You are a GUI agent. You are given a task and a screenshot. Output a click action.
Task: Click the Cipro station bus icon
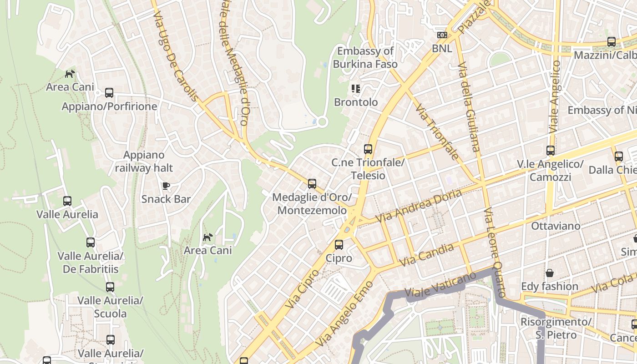point(339,245)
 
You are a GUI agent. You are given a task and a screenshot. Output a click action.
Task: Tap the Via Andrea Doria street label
point(418,206)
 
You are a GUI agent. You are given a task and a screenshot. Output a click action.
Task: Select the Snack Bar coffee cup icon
point(166,186)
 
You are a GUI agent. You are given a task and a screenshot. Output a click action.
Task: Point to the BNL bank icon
point(442,35)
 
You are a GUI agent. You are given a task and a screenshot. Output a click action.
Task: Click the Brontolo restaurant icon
point(355,89)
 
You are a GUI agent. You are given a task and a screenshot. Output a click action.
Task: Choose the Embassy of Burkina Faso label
point(365,57)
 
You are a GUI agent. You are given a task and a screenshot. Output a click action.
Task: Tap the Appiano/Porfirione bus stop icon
point(109,93)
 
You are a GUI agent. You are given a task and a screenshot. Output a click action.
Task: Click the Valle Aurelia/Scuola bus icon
point(110,287)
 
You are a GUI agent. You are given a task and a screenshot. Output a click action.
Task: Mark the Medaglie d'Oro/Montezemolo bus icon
point(312,184)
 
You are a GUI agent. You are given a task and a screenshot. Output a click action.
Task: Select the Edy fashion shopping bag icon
point(550,273)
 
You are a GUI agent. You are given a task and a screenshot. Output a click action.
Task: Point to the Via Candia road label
point(426,255)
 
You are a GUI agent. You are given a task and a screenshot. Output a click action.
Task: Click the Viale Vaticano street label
point(440,286)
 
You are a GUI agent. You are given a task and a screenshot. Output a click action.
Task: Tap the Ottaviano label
point(556,226)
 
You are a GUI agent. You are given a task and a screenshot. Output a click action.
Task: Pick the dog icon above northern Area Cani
point(70,74)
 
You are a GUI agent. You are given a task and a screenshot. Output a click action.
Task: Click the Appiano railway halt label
point(144,162)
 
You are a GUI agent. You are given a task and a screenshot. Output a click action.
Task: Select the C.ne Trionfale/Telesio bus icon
point(368,149)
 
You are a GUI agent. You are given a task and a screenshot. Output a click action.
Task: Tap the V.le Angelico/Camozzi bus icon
point(551,151)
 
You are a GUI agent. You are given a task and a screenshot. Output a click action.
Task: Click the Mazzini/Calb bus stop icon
point(612,42)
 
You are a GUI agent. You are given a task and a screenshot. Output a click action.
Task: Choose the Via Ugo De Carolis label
point(176,56)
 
